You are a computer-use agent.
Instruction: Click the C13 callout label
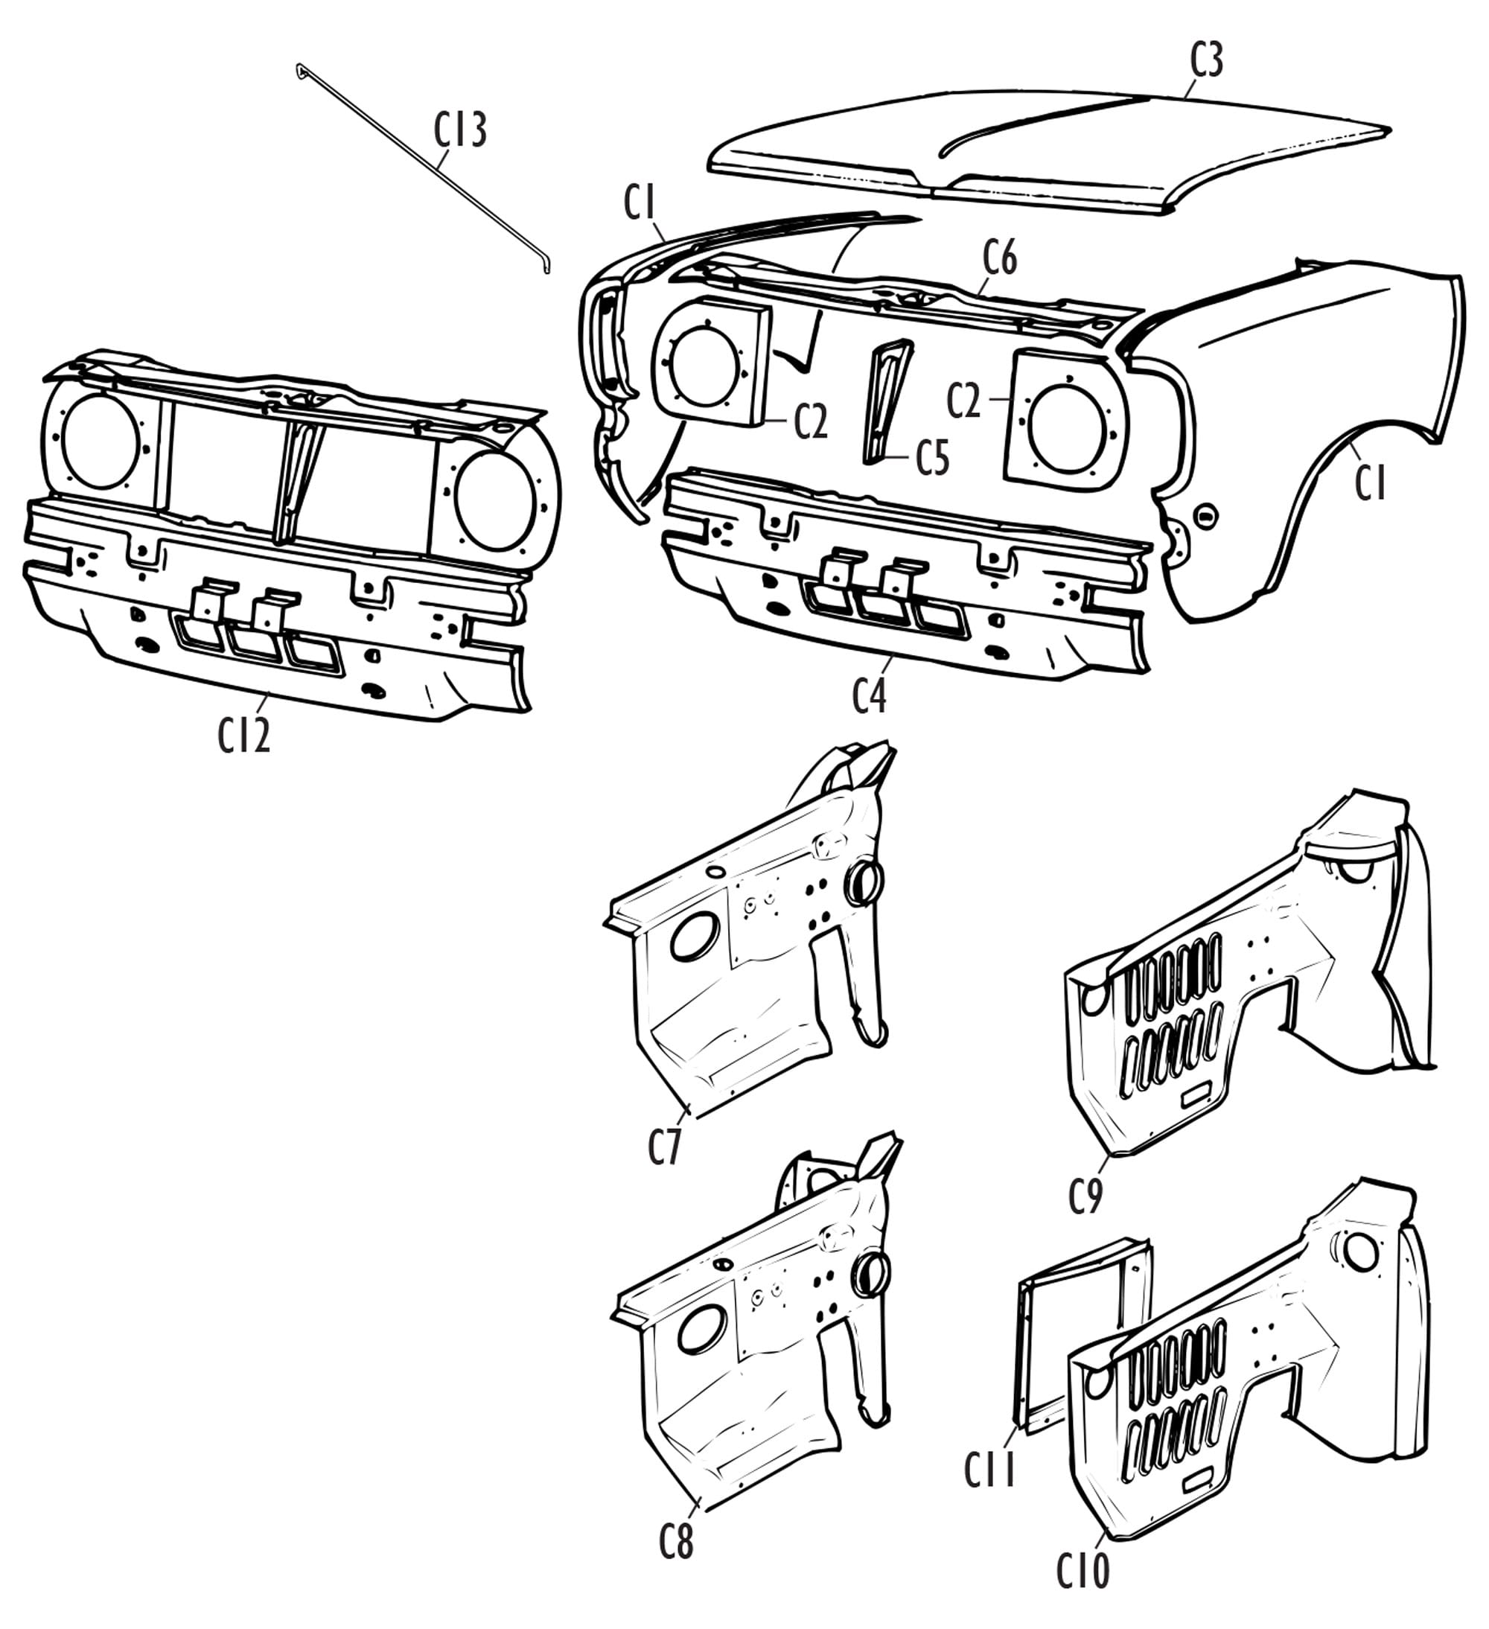459,131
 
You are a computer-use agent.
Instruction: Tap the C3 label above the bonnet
1206,60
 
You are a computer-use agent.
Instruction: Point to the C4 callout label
870,697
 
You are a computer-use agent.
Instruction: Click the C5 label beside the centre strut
932,459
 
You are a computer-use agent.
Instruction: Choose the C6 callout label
999,258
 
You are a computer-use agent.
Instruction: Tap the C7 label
665,1147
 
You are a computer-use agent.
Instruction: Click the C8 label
676,1543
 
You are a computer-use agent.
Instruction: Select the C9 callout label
1085,1196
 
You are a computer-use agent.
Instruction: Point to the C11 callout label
989,1469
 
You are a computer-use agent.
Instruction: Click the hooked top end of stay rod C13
301,69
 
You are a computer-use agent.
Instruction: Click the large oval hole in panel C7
695,937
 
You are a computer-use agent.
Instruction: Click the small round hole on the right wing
1205,514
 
